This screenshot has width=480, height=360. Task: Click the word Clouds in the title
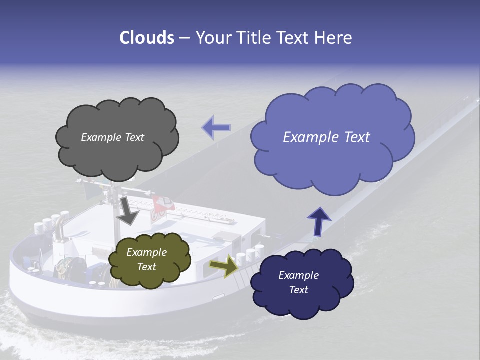[146, 38]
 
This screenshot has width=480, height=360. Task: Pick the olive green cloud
[149, 260]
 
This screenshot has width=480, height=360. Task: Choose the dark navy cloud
[301, 283]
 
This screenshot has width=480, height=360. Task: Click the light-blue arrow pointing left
[216, 128]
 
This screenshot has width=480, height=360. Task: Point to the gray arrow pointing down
[127, 211]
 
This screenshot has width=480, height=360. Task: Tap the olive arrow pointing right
[223, 266]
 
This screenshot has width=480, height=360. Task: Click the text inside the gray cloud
[112, 137]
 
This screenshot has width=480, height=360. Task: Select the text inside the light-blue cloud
[326, 137]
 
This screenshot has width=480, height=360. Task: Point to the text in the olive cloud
[146, 259]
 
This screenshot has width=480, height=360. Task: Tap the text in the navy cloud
[298, 282]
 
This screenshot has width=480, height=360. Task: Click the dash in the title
[184, 38]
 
